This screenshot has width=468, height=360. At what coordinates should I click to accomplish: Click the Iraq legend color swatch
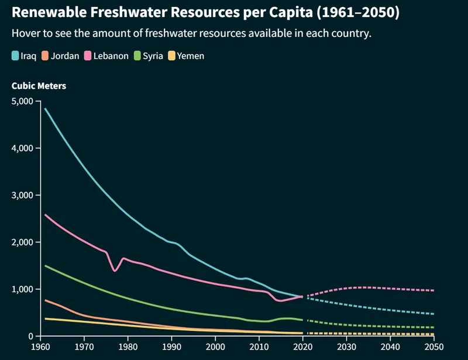pos(15,56)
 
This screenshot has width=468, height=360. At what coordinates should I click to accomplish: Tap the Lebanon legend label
pos(111,56)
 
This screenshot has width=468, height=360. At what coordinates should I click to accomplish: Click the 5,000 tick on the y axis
pos(23,101)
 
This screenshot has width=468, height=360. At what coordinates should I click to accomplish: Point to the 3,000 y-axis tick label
pos(23,195)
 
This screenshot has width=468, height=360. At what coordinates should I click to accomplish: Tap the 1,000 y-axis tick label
pos(23,289)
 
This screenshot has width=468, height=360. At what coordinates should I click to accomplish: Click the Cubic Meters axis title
pos(39,86)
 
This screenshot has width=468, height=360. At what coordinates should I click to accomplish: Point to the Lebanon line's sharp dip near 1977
pos(115,271)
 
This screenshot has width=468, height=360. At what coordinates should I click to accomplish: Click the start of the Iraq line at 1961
pos(45,109)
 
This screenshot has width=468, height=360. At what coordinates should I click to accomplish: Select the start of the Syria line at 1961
pos(45,266)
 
